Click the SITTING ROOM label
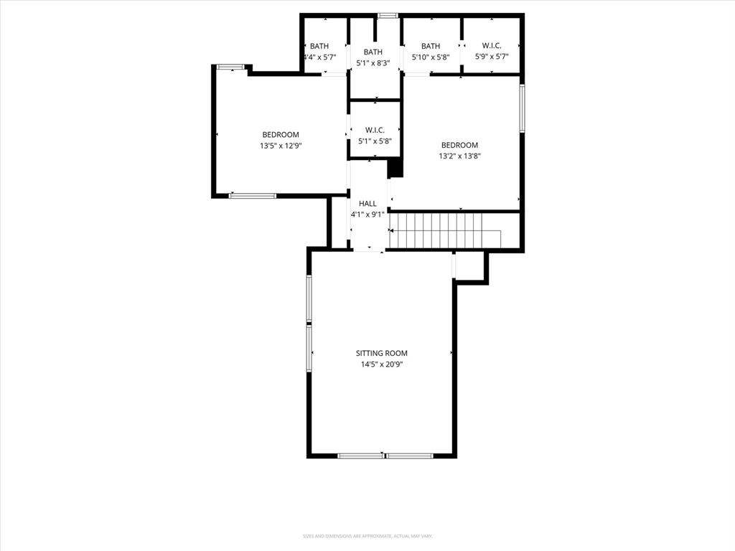382,353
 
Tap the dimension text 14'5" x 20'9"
382,364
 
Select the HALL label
367,204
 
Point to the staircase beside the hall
445,229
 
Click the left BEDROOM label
280,135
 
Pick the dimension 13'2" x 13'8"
459,156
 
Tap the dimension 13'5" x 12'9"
280,146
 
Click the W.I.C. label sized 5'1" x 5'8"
375,130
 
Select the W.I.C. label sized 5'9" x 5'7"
492,46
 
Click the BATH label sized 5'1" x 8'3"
373,52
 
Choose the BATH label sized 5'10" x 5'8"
431,46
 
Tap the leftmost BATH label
319,46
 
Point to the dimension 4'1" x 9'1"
367,215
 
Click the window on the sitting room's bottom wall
385,455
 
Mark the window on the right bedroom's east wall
522,108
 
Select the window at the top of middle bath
388,15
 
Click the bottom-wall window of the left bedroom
252,195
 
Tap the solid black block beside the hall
395,169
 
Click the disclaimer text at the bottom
367,536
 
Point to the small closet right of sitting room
471,267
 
